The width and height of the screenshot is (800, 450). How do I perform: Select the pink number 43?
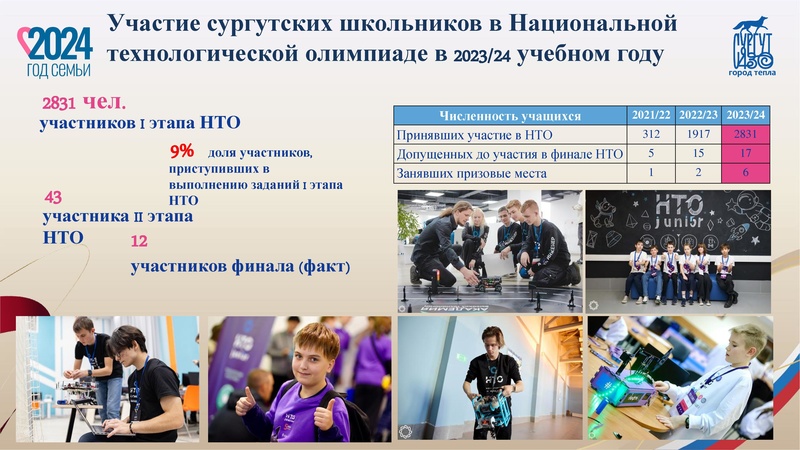(x=54, y=197)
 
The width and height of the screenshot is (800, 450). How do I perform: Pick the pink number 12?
(x=139, y=241)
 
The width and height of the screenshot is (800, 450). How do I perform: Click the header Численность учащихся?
(x=510, y=114)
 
